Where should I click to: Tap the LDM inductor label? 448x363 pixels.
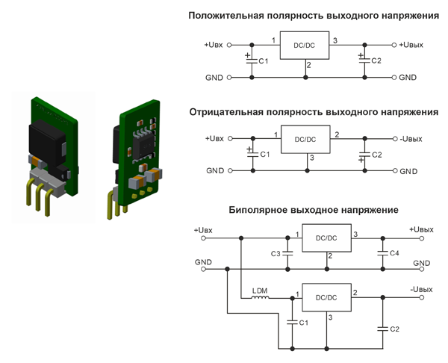click(261, 290)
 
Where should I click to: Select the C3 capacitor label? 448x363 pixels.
click(276, 254)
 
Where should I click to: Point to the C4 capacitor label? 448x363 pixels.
click(393, 254)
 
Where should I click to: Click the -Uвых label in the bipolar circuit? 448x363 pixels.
click(421, 289)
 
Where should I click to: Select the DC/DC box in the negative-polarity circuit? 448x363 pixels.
click(305, 138)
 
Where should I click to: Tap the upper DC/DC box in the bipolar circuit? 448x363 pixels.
click(326, 238)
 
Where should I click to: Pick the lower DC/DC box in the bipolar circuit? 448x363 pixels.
click(326, 297)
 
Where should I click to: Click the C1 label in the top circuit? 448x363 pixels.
click(262, 60)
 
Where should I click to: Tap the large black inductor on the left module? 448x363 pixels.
click(46, 142)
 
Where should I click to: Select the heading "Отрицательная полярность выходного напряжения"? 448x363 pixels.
click(314, 112)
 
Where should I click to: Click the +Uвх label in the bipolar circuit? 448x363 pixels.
click(204, 229)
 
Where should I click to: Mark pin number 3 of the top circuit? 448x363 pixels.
click(335, 40)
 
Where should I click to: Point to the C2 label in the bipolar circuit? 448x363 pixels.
click(394, 329)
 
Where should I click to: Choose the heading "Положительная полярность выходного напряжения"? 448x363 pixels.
click(314, 15)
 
